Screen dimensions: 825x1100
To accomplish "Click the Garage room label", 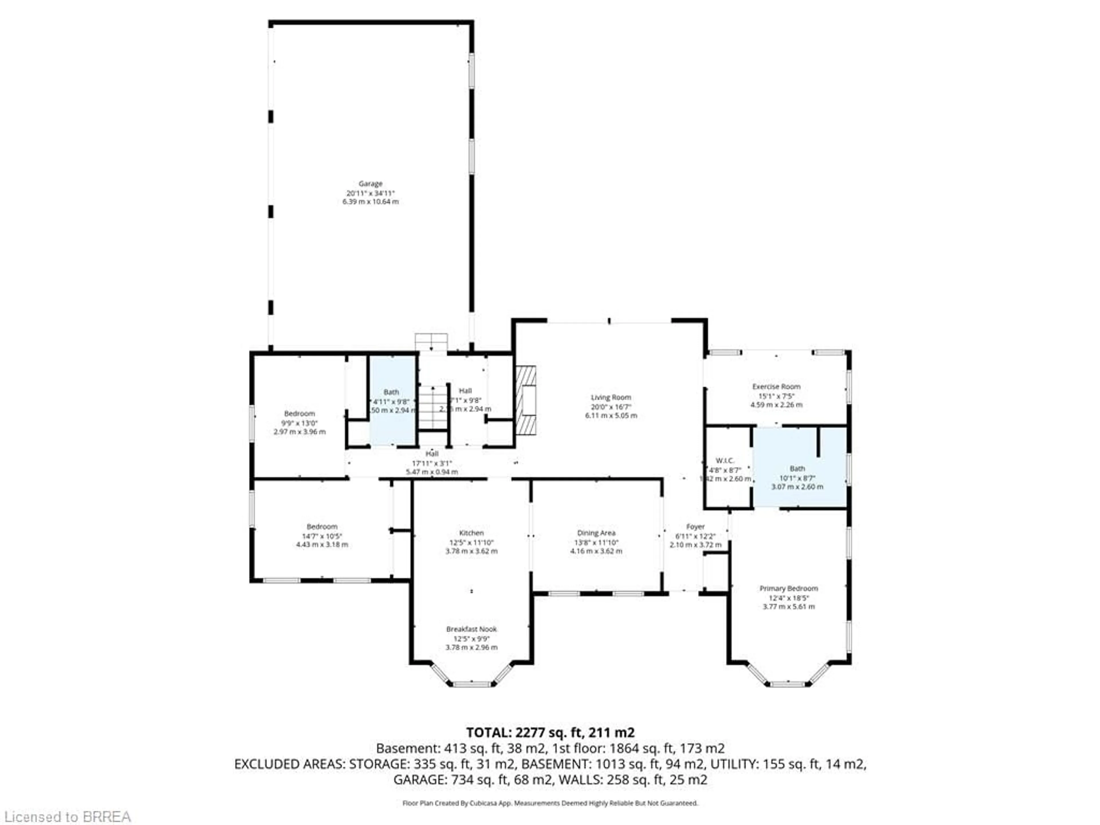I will pyautogui.click(x=370, y=184).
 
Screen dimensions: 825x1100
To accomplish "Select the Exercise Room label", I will pyautogui.click(x=776, y=386).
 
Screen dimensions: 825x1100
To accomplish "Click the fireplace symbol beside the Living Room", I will pyautogui.click(x=526, y=400).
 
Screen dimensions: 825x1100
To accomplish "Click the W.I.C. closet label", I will pyautogui.click(x=725, y=461).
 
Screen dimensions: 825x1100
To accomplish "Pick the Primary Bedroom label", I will pyautogui.click(x=789, y=588).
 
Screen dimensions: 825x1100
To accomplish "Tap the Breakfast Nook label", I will pyautogui.click(x=472, y=629).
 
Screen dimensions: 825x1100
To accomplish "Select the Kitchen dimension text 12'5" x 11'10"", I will pyautogui.click(x=472, y=543).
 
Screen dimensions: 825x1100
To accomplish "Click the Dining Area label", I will pyautogui.click(x=596, y=533).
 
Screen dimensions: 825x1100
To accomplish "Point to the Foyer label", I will pyautogui.click(x=695, y=527).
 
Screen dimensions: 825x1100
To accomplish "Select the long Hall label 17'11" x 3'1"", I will pyautogui.click(x=432, y=463).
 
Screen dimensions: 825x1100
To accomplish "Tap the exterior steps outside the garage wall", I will pyautogui.click(x=431, y=342).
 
